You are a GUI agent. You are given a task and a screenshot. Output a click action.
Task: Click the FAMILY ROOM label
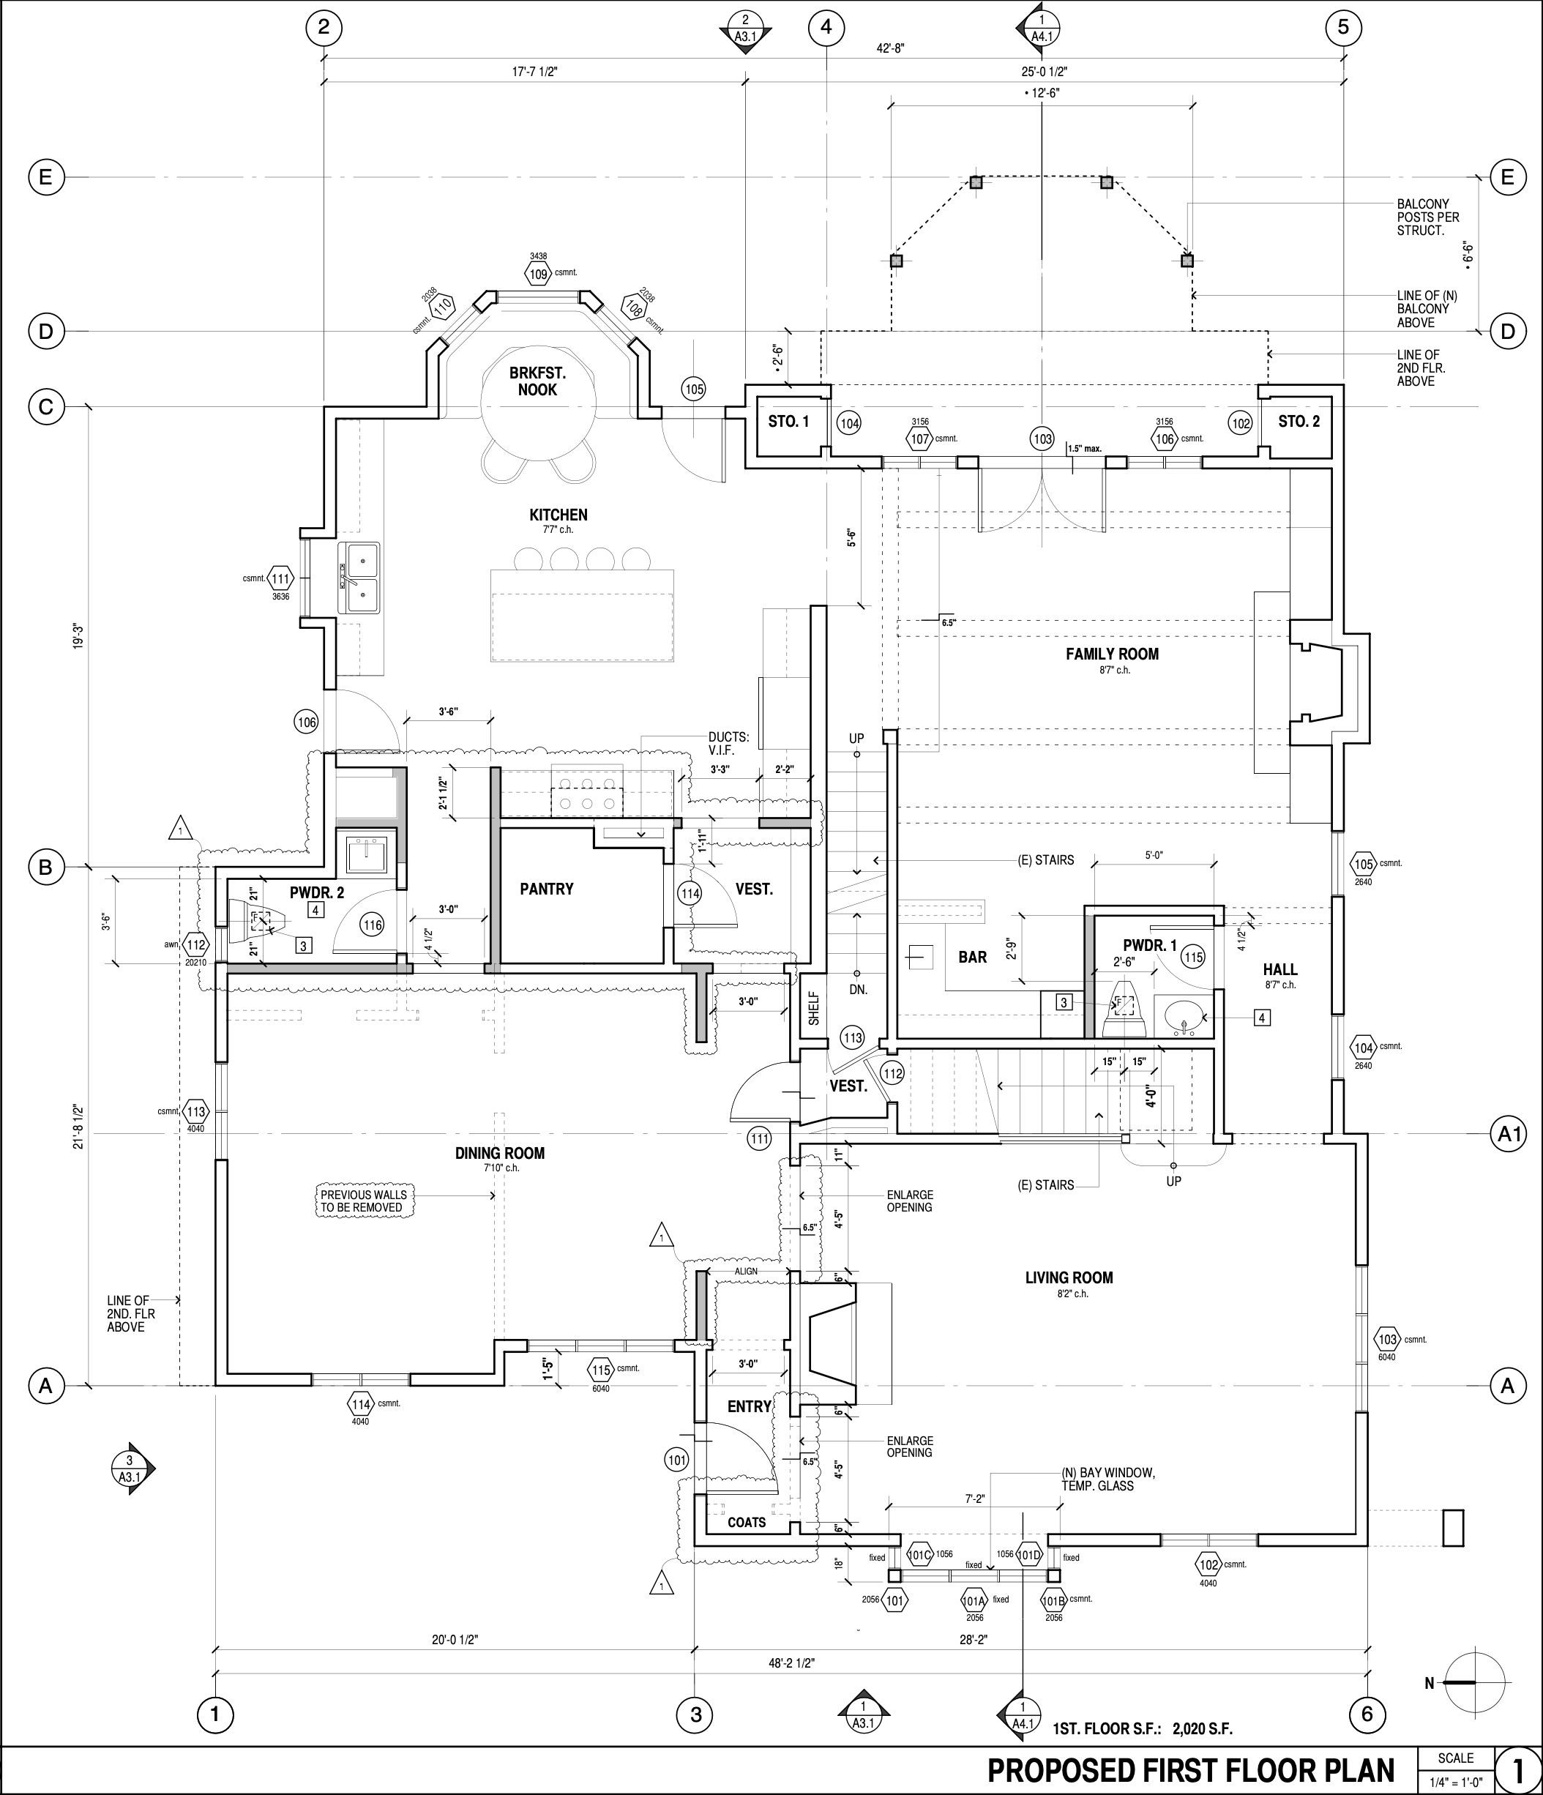pos(1112,654)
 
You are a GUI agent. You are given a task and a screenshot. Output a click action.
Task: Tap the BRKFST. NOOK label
pos(537,381)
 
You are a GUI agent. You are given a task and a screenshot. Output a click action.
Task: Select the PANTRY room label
pos(547,889)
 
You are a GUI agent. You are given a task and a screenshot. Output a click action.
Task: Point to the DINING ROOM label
pos(500,1153)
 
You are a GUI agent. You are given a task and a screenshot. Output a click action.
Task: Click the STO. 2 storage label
pos(1299,422)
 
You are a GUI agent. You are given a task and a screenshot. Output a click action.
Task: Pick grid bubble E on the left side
pos(46,178)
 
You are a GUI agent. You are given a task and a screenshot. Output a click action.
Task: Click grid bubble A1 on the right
pos(1509,1134)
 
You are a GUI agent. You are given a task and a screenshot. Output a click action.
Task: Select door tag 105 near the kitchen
pos(694,390)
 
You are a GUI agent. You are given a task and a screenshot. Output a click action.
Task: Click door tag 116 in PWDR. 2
pos(373,925)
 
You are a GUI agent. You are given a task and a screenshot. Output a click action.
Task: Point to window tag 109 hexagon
pos(539,275)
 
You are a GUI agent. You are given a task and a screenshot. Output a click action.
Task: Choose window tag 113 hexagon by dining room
pos(197,1112)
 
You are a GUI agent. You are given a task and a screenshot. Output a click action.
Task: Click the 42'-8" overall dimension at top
pos(890,49)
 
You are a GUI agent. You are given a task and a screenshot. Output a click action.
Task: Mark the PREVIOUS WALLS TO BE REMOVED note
pos(363,1201)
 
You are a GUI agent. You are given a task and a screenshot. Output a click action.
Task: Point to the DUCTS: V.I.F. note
pos(728,745)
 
